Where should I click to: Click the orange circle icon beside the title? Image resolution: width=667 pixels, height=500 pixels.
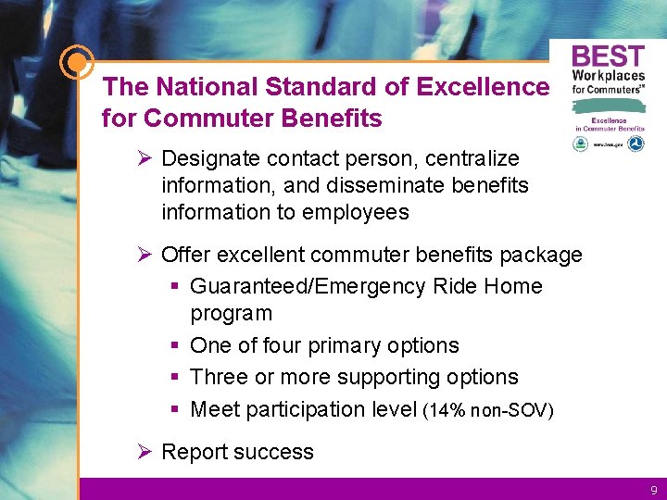[x=76, y=63]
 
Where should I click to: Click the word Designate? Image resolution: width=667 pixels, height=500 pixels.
[x=206, y=159]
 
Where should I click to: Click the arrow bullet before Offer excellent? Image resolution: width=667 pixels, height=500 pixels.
[x=144, y=255]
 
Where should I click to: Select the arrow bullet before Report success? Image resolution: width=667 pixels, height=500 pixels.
[x=144, y=452]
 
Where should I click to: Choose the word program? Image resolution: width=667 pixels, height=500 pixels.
[x=231, y=313]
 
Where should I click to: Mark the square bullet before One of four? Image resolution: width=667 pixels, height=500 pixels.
[x=175, y=345]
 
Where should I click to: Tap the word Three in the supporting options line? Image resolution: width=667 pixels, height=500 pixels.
[x=219, y=377]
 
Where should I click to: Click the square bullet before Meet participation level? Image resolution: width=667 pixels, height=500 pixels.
[x=175, y=409]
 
